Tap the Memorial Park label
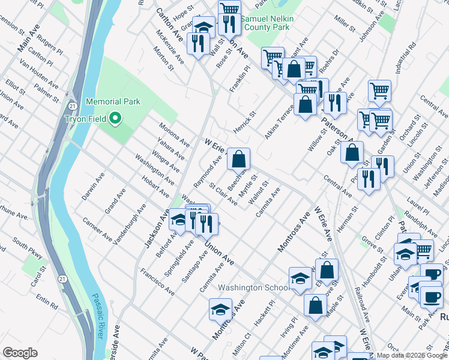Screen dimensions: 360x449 pyautogui.click(x=113, y=102)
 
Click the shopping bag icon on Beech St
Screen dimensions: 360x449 pyautogui.click(x=239, y=160)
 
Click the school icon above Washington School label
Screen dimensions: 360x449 pyautogui.click(x=300, y=278)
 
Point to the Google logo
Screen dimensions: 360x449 pyautogui.click(x=20, y=353)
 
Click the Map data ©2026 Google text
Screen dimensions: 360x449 pyautogui.click(x=411, y=355)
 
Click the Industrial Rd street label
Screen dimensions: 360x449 pyautogui.click(x=411, y=55)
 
